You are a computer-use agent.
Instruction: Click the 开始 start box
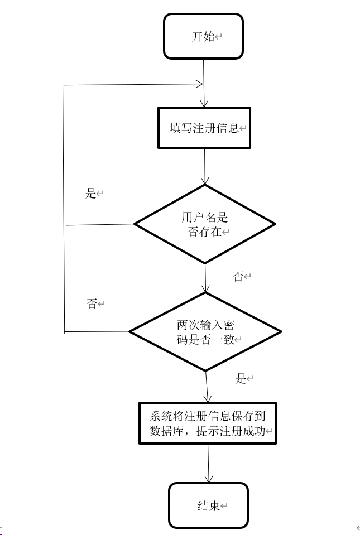tap(203, 36)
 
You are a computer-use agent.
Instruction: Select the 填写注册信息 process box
tap(204, 128)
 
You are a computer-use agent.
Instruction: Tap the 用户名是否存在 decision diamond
tap(205, 224)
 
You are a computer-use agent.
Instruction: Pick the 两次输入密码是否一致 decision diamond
tap(205, 331)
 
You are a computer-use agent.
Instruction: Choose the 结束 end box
tap(208, 505)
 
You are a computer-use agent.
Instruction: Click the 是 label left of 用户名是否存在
tap(91, 194)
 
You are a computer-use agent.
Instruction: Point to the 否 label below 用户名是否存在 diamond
tap(238, 276)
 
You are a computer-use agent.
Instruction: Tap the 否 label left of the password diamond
tap(92, 304)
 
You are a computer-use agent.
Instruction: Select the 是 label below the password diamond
tap(241, 379)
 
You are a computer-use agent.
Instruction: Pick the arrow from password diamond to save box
tap(207, 386)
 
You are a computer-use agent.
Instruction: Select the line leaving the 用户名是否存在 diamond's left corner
tap(100, 225)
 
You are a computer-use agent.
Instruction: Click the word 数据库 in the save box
tap(166, 431)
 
